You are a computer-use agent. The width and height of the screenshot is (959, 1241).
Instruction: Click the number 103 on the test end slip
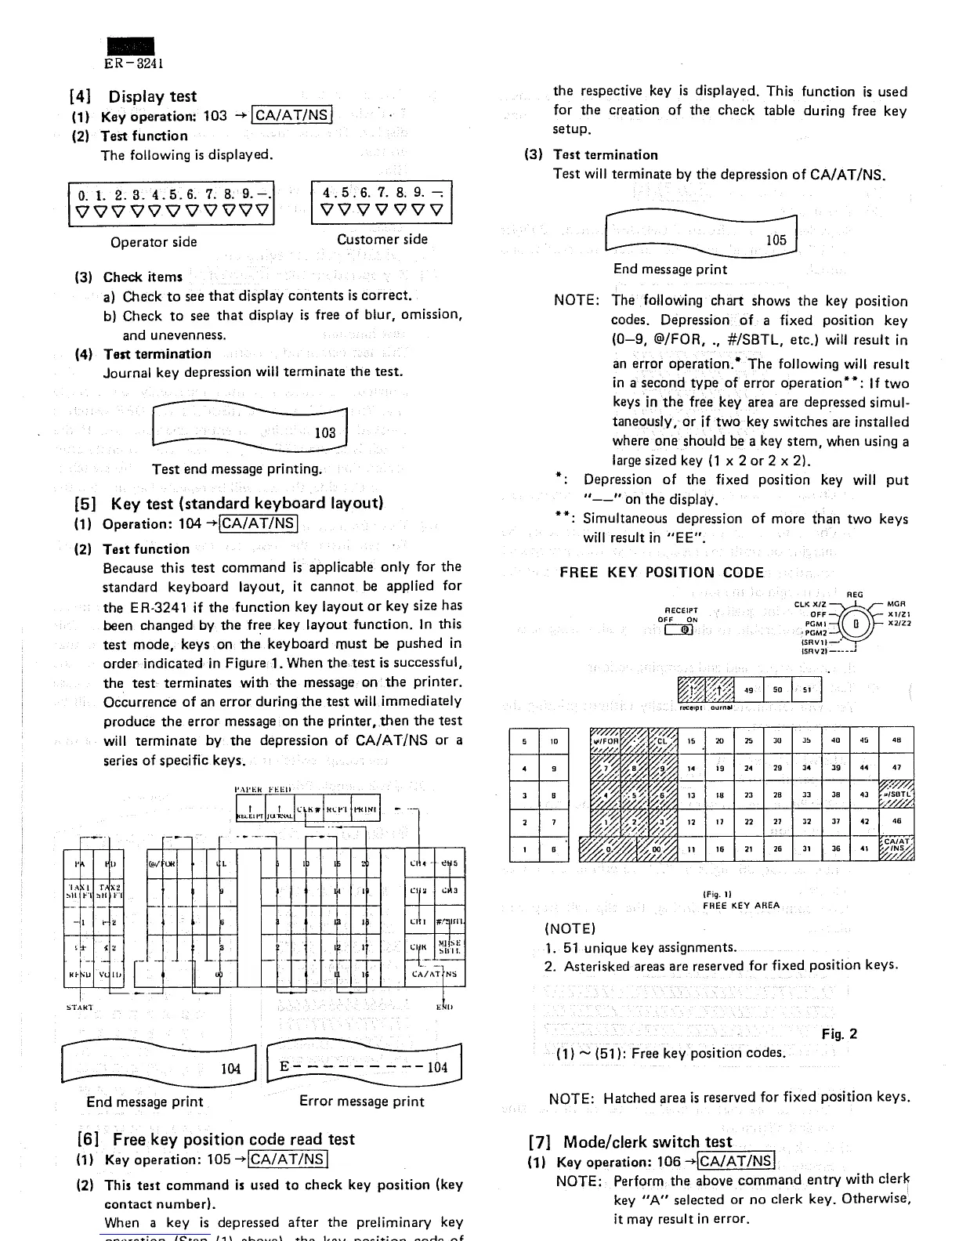click(324, 432)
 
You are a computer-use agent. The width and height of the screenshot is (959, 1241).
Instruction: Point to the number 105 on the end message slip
click(776, 241)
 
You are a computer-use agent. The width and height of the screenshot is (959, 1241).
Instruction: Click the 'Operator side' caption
click(154, 242)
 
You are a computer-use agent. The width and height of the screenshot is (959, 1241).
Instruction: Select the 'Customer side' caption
click(382, 240)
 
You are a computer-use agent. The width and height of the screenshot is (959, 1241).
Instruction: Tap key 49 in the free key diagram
click(748, 691)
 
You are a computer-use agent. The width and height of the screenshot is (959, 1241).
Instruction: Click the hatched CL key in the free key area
click(662, 740)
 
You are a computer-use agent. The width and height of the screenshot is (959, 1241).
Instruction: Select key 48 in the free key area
click(897, 740)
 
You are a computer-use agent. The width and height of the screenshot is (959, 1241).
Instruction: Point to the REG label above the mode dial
click(856, 595)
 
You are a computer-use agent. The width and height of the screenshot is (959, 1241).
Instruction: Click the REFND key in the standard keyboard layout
click(78, 975)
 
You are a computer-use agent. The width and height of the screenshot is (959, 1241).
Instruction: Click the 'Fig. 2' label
click(839, 1033)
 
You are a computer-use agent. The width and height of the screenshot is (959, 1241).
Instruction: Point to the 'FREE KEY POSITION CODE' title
click(661, 573)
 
